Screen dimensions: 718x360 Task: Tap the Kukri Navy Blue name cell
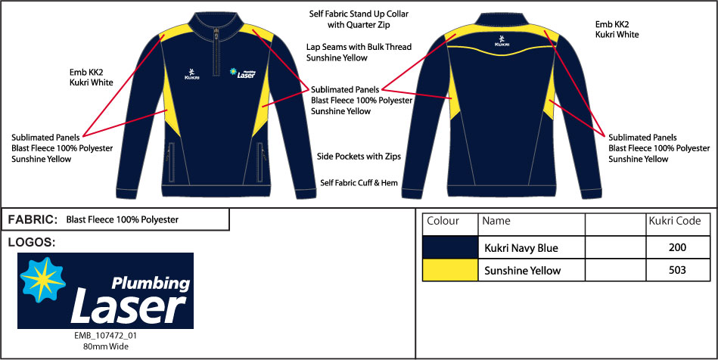click(x=521, y=248)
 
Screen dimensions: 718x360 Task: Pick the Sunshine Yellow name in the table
click(x=523, y=271)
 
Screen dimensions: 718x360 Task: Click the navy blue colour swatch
click(x=450, y=247)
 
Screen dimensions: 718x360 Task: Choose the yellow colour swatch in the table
click(x=450, y=270)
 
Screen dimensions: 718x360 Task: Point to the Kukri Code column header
click(x=675, y=222)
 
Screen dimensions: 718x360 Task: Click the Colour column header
click(x=443, y=222)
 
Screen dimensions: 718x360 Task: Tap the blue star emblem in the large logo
click(x=42, y=280)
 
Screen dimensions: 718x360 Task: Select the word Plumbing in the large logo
click(x=151, y=284)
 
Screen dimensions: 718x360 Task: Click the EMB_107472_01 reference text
click(x=105, y=336)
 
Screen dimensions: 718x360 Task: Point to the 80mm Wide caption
click(x=106, y=346)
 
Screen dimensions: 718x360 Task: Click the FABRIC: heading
click(x=33, y=220)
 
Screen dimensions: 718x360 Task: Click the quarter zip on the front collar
click(x=216, y=51)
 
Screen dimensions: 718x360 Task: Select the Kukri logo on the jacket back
click(x=502, y=40)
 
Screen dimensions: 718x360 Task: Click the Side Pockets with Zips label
click(x=359, y=157)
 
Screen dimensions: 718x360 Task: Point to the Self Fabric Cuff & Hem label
click(x=359, y=183)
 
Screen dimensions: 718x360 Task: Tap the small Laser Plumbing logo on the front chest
click(x=243, y=73)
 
